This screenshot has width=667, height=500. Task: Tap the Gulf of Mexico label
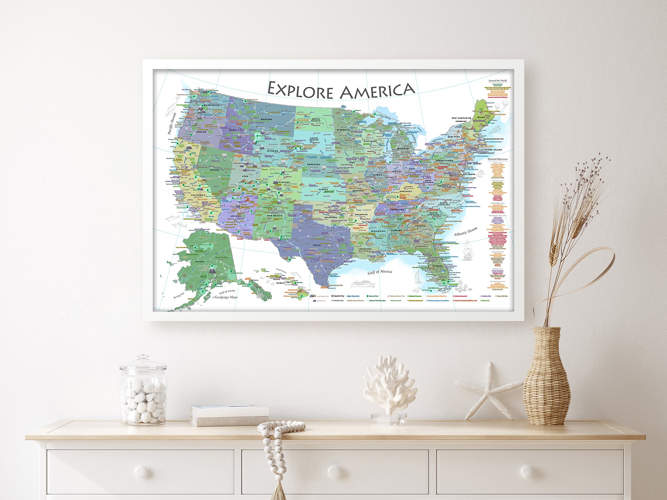pos(380,272)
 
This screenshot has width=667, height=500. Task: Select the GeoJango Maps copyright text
pos(225,297)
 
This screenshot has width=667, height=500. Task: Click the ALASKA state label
pos(200,262)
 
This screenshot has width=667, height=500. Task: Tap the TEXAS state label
pos(316,245)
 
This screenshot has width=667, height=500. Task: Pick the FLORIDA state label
pos(438,266)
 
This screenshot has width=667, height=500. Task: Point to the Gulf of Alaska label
pos(227,292)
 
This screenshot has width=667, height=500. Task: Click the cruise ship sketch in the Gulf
pos(363,284)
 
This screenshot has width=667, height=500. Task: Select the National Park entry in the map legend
pos(373,296)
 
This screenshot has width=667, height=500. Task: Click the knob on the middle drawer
pos(334,471)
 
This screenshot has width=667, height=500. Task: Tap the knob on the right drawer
pos(527,471)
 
